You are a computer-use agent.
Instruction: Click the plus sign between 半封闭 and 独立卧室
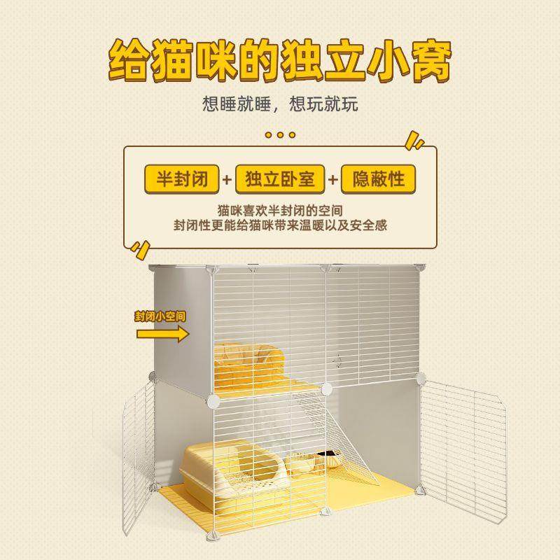pos(226,181)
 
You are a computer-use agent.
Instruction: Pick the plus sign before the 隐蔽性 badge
pos(333,181)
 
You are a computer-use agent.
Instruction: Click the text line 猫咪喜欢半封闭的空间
pos(280,210)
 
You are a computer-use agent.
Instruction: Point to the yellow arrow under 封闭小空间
pos(162,334)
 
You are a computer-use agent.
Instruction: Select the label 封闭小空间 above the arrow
pos(161,316)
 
